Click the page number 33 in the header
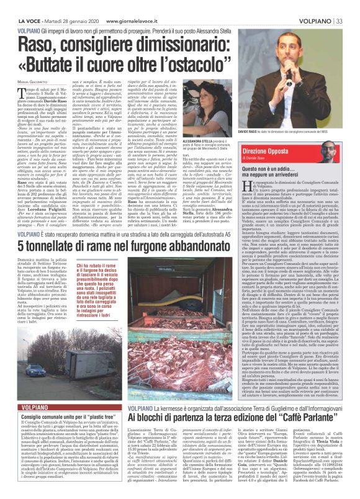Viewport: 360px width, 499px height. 351,5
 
